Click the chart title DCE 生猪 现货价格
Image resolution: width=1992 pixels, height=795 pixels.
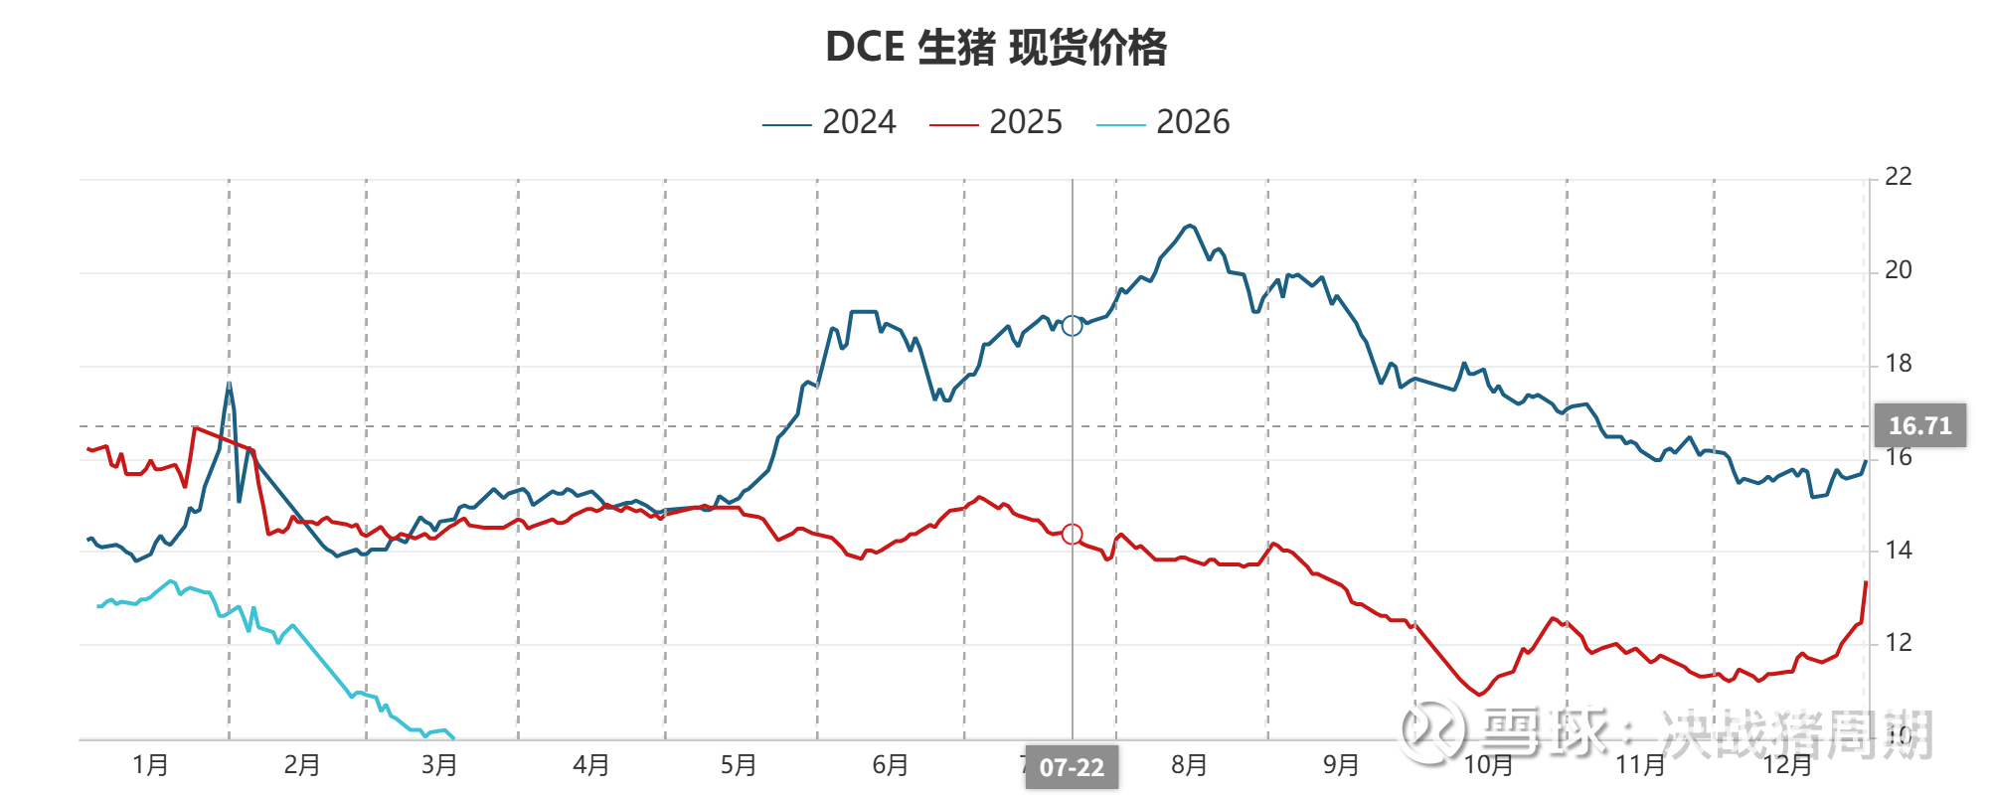tap(996, 47)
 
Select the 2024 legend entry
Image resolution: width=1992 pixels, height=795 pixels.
tap(830, 122)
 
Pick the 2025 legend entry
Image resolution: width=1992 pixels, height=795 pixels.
tap(996, 122)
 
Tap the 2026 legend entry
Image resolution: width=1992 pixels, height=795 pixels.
tap(1163, 122)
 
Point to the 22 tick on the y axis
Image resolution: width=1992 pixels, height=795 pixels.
tap(1898, 177)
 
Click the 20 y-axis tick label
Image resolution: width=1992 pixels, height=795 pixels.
tap(1898, 270)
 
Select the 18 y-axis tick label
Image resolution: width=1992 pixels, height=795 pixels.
tap(1898, 364)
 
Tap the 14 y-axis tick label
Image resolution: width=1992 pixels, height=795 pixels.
tap(1898, 550)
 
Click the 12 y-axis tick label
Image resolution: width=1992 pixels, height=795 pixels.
tap(1898, 643)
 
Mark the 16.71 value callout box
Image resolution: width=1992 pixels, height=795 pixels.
tap(1919, 425)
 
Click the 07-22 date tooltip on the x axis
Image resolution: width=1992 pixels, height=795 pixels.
tap(1072, 767)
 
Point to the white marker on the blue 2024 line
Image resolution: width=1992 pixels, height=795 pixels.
tap(1072, 326)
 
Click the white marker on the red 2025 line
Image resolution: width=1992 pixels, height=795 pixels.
tap(1072, 535)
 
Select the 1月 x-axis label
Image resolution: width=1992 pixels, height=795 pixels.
tap(150, 765)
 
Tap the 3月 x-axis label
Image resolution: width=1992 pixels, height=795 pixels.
tap(438, 765)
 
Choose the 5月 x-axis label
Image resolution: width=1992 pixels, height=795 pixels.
tap(739, 765)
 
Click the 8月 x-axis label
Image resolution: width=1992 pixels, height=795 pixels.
tap(1189, 765)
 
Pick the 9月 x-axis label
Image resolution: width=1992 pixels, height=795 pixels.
tap(1340, 765)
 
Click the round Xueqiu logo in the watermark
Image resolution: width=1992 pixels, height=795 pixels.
tap(1428, 728)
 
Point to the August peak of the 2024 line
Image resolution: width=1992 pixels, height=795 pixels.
tap(1189, 226)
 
